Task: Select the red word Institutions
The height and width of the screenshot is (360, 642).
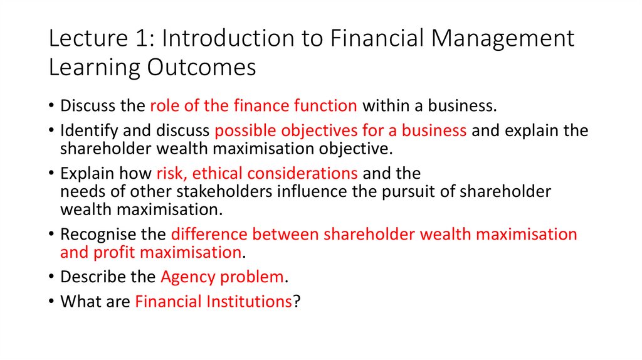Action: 248,302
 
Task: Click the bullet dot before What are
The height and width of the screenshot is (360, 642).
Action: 52,302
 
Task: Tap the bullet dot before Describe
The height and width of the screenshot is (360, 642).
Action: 52,277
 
